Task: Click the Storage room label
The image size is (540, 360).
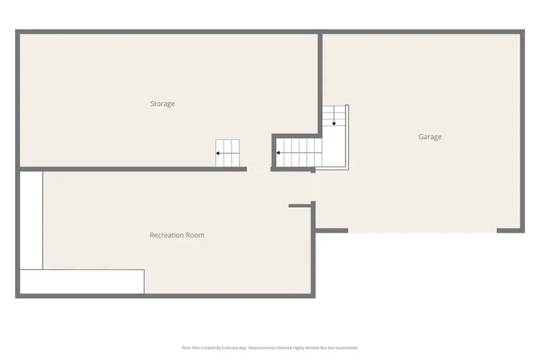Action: click(162, 104)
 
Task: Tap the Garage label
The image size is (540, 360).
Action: click(430, 137)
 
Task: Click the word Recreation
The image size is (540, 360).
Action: click(167, 235)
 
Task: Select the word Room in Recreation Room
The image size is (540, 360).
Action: click(195, 235)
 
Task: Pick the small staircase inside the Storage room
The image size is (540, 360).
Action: click(228, 153)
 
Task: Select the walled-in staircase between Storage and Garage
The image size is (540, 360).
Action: click(300, 152)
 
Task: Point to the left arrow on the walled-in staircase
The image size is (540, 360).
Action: click(299, 153)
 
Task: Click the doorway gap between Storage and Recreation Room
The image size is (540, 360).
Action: click(258, 169)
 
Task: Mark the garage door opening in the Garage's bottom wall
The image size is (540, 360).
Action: click(422, 230)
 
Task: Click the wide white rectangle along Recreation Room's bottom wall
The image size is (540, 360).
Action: click(82, 281)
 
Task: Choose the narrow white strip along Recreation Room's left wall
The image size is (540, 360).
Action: click(31, 220)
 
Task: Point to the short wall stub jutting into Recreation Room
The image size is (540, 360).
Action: click(300, 206)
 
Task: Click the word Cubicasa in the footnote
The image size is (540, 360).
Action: click(230, 347)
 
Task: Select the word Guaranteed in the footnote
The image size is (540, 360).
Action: click(345, 347)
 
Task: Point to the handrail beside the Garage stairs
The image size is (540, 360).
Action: click(347, 137)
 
